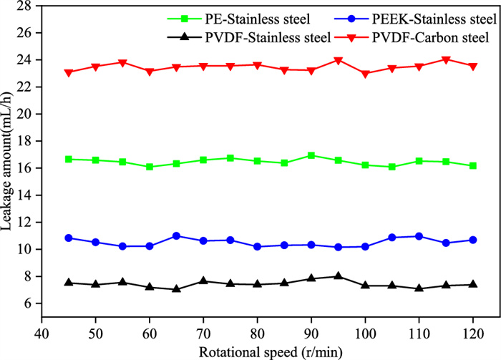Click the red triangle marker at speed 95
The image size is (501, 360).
(x=338, y=61)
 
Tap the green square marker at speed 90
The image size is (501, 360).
(x=311, y=155)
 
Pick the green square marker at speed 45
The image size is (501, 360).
(x=69, y=159)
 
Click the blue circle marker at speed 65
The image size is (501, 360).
(x=176, y=235)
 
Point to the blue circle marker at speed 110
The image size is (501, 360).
(x=419, y=236)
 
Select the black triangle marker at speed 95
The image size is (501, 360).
(x=338, y=276)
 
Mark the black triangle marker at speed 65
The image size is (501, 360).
(x=176, y=288)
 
